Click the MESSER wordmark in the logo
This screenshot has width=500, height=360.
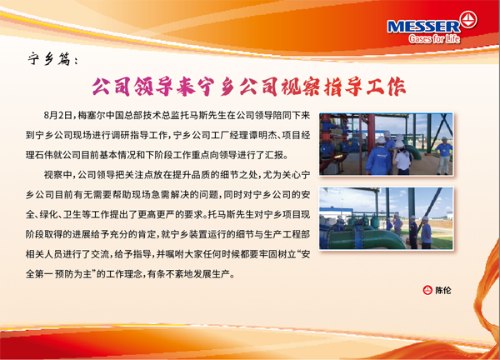(x=424, y=27)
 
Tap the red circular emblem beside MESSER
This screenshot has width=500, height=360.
(x=468, y=20)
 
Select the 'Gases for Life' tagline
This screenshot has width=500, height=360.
(x=434, y=39)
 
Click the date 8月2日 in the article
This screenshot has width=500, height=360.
(x=58, y=116)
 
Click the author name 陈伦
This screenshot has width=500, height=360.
(x=443, y=291)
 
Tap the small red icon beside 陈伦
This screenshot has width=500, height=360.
(x=427, y=290)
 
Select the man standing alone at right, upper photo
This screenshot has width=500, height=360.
(x=444, y=156)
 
